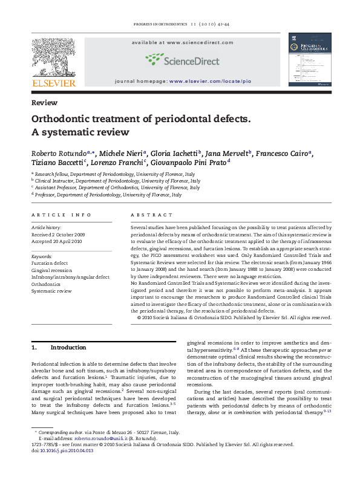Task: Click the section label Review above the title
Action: tap(44, 103)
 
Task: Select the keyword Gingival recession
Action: tap(51, 270)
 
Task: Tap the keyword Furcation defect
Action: tap(50, 264)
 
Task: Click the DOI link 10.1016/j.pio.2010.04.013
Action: tap(62, 467)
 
